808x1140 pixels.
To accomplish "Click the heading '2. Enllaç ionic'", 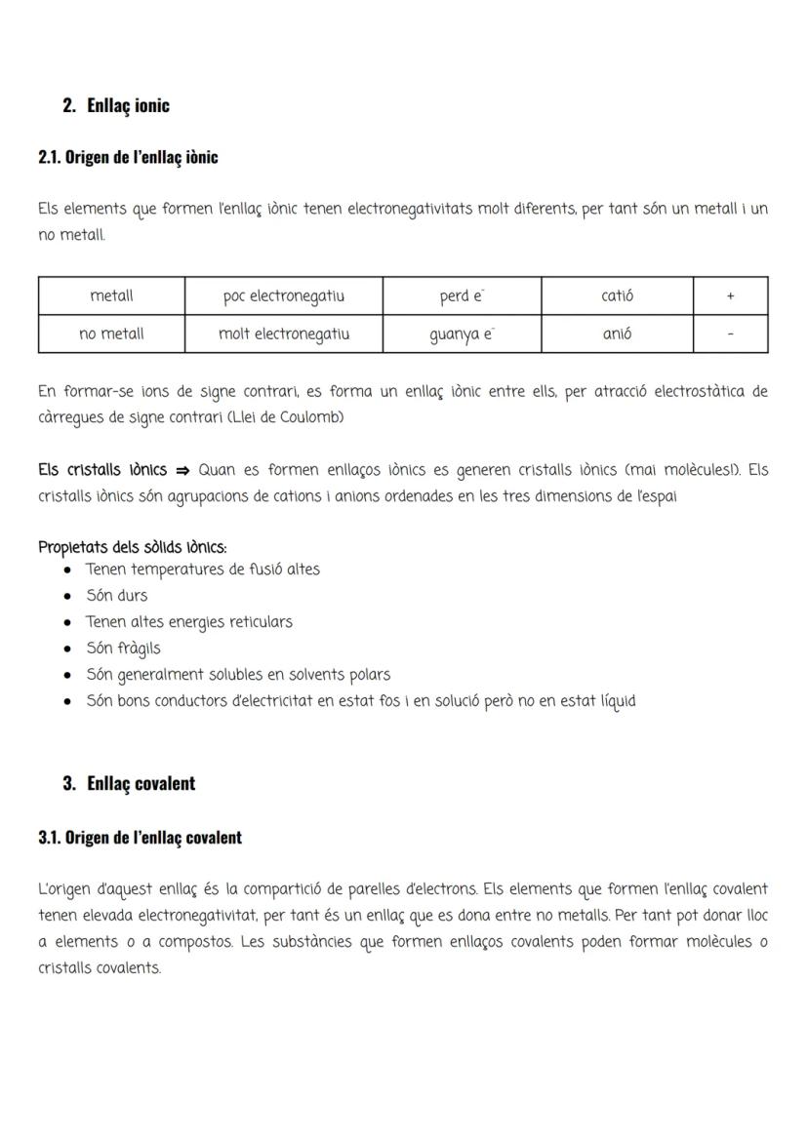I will point(115,105).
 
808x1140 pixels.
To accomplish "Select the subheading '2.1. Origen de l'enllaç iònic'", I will point(128,157).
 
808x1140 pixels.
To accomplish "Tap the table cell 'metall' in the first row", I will point(111,295).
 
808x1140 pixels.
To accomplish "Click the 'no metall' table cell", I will point(111,334).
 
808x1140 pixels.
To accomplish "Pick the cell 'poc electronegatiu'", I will point(284,295).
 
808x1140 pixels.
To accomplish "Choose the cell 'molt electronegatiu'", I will point(284,334).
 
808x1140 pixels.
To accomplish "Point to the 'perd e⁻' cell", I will point(462,295).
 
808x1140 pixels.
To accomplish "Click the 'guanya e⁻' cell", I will point(462,334).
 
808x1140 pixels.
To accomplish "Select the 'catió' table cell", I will point(617,295).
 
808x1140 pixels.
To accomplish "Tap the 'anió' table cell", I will point(617,334).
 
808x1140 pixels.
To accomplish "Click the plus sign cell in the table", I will point(730,296).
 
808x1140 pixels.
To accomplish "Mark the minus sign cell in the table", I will point(730,334).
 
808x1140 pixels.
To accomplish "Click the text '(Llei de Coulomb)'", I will point(284,417).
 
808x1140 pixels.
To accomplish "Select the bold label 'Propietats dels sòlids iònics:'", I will point(133,547).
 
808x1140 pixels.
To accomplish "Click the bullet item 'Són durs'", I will point(117,595).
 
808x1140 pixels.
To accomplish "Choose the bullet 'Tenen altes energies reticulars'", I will point(189,621).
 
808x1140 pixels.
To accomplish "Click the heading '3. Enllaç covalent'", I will point(129,783).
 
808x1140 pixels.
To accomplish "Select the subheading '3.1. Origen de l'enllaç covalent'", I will point(140,837).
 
